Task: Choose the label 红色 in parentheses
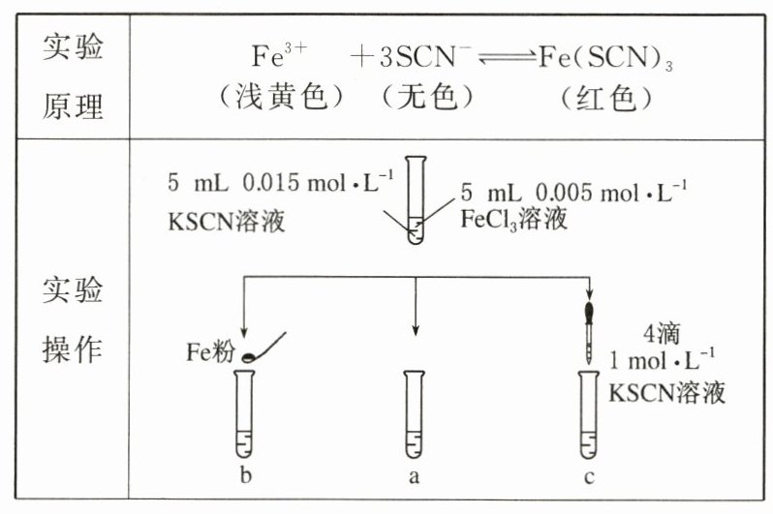605,98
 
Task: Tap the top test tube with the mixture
416,203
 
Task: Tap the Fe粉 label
210,351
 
